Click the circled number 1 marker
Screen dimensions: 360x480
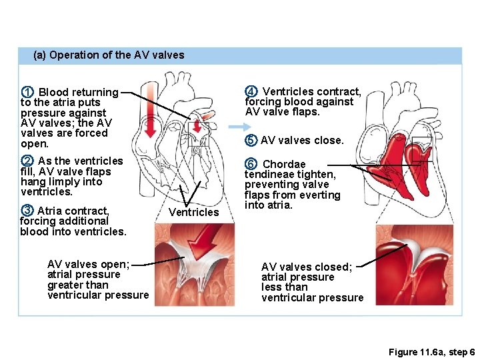[27, 92]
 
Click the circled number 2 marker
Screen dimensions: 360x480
[27, 161]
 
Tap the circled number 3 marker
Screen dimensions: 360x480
[27, 211]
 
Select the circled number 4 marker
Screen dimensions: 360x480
[251, 91]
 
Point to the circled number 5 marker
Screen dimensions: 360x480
[251, 140]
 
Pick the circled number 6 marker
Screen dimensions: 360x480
[251, 164]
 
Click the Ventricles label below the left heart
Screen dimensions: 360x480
[193, 212]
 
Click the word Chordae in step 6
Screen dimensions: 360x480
[284, 164]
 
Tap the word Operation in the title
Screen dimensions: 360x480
[74, 55]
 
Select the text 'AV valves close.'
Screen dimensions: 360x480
[302, 140]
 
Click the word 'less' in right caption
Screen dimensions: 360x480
[271, 287]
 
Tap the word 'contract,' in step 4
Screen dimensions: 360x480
[339, 92]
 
